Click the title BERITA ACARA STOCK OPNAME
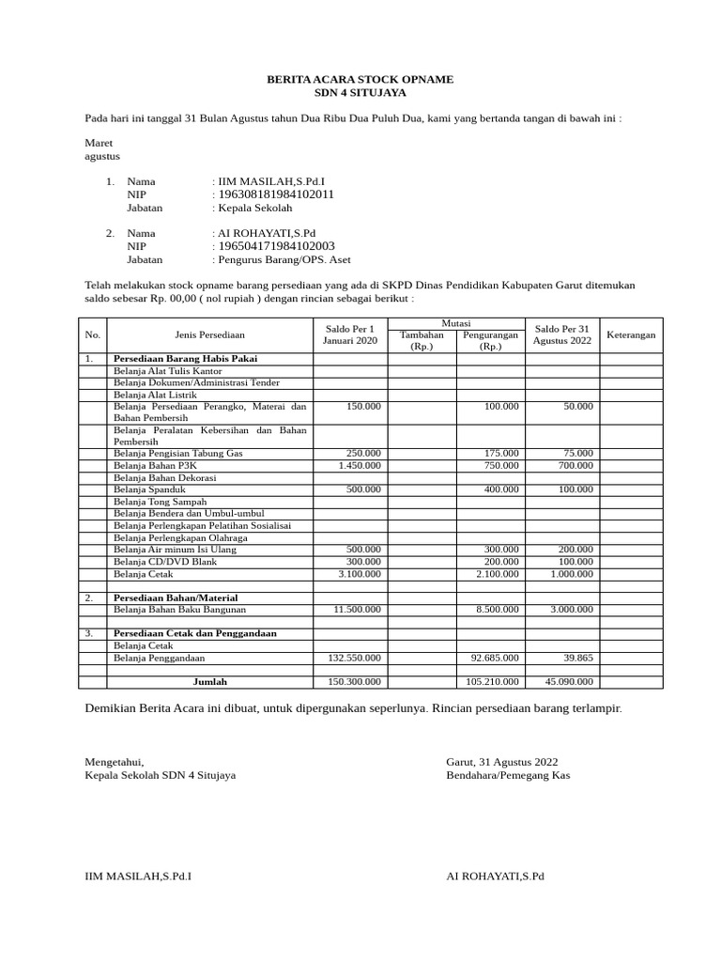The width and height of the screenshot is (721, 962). pyautogui.click(x=360, y=80)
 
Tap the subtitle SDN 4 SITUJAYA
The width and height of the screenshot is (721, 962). pyautogui.click(x=360, y=94)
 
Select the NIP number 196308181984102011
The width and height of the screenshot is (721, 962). pyautogui.click(x=276, y=194)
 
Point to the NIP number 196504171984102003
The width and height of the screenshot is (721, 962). pyautogui.click(x=276, y=246)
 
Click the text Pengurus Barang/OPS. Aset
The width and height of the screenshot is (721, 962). pyautogui.click(x=284, y=260)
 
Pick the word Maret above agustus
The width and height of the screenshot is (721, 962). pyautogui.click(x=99, y=143)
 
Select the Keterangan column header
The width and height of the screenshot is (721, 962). pyautogui.click(x=631, y=334)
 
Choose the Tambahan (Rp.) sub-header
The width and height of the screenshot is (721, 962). pyautogui.click(x=422, y=340)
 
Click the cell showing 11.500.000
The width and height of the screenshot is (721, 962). pyautogui.click(x=357, y=609)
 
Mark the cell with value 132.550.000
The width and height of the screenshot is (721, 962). pyautogui.click(x=352, y=658)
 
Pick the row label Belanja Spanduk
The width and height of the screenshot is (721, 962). pyautogui.click(x=149, y=489)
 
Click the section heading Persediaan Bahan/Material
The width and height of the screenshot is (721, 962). pyautogui.click(x=176, y=597)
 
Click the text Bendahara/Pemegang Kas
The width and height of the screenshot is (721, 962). pyautogui.click(x=508, y=775)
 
